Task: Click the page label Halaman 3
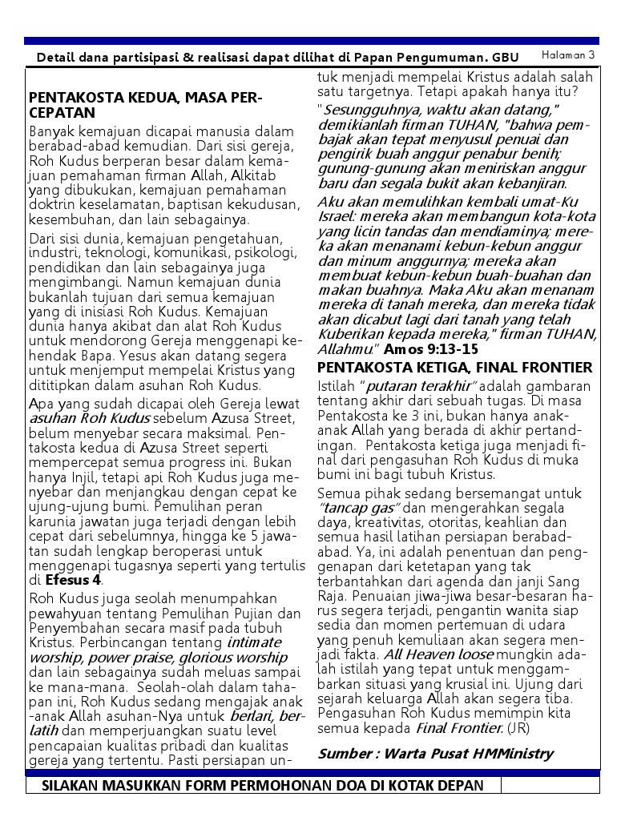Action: [x=568, y=55]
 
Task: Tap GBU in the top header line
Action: [x=506, y=58]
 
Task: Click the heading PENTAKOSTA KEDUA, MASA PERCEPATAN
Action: [x=145, y=106]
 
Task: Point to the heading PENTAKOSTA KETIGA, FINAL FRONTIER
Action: [x=455, y=368]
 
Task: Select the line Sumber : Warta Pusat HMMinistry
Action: [x=435, y=753]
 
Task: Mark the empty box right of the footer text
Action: [x=550, y=785]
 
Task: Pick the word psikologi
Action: [x=264, y=253]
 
